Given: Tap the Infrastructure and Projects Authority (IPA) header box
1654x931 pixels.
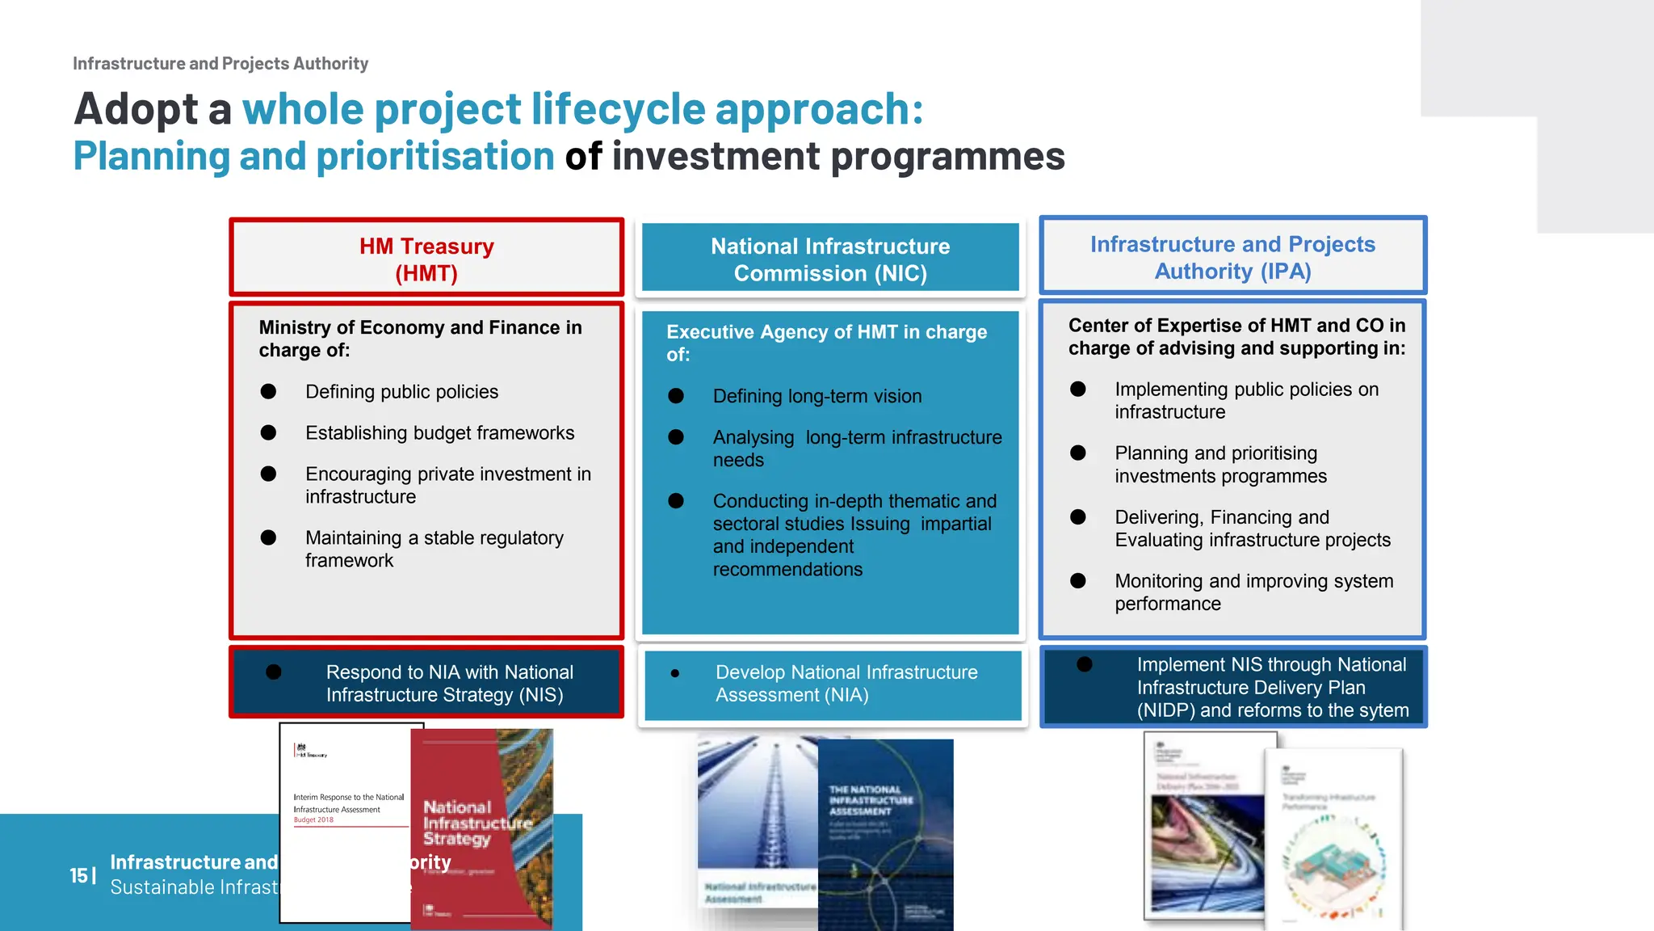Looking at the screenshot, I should click(x=1232, y=257).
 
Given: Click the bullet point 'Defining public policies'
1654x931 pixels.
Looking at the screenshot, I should click(x=401, y=392).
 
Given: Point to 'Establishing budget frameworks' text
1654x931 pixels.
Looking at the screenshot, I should click(x=439, y=433).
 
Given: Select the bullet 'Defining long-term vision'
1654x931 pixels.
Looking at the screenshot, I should click(x=817, y=396).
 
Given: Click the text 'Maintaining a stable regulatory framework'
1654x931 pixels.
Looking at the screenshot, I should click(x=434, y=549).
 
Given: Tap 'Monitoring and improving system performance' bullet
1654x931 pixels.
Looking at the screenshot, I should click(x=1253, y=592).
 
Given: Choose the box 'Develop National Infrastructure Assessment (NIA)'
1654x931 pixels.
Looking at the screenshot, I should click(x=832, y=684).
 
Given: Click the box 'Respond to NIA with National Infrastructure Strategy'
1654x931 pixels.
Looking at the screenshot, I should click(x=426, y=683).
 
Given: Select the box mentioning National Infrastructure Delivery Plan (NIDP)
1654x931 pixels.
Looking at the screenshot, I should click(x=1232, y=687).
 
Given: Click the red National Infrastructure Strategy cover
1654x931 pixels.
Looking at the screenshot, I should click(x=481, y=828).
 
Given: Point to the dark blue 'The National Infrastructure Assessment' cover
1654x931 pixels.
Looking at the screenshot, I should click(x=885, y=832).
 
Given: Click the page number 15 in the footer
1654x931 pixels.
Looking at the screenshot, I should click(x=78, y=875).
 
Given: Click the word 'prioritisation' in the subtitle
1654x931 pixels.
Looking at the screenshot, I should click(x=434, y=156).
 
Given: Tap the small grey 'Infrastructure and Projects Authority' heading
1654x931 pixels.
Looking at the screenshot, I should click(x=220, y=63).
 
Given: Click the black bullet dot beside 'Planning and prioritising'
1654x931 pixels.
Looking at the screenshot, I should click(x=1077, y=453).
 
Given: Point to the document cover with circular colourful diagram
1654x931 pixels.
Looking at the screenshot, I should click(x=1333, y=840).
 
